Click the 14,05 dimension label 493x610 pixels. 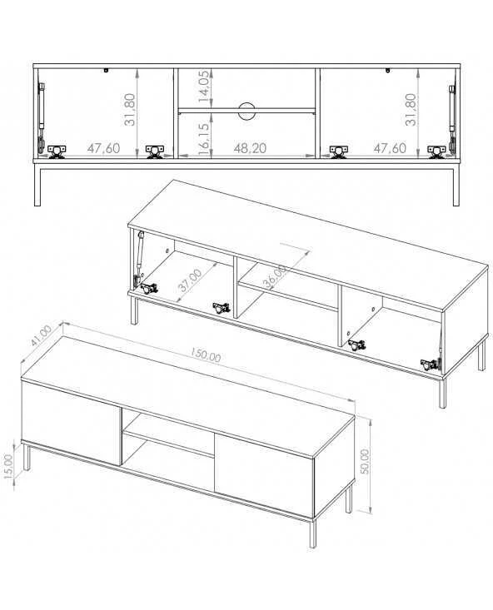coord(204,87)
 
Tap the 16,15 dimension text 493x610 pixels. coord(204,138)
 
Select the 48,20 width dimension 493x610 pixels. coord(251,148)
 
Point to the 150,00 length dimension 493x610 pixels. coord(206,355)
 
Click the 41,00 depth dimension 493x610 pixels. coord(41,335)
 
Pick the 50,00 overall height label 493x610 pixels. coord(365,461)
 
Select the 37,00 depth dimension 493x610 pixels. coord(191,280)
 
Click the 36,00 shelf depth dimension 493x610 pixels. coord(276,276)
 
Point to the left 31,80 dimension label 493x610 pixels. coord(130,109)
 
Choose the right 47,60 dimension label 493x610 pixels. coord(390,148)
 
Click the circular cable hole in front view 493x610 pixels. coord(247,111)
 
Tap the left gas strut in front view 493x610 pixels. coord(41,117)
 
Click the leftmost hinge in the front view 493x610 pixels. coord(57,151)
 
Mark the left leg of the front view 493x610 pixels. coord(37,185)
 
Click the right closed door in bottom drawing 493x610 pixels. coord(264,475)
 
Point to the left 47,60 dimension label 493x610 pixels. coord(103,148)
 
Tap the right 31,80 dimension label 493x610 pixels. coord(411,109)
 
